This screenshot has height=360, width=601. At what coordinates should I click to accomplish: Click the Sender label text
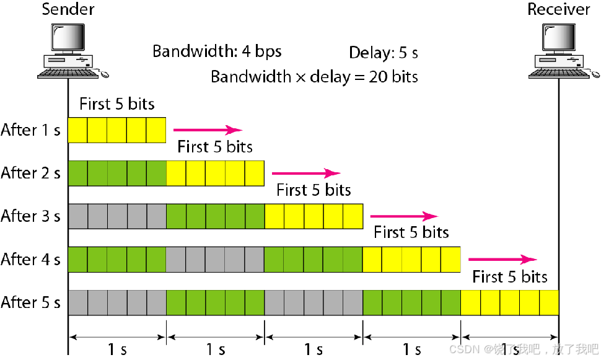68,9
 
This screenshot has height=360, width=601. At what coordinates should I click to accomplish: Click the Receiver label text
559,9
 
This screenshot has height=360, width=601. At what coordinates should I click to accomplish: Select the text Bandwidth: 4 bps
217,51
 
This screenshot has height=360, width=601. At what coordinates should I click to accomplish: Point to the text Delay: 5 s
384,53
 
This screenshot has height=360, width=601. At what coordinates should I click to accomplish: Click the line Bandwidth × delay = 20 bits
314,76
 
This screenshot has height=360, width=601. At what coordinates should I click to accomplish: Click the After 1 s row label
30,130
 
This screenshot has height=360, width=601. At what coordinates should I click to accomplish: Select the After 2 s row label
30,173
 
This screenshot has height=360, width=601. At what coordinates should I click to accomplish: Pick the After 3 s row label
30,216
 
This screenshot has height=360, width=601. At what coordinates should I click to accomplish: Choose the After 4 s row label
30,259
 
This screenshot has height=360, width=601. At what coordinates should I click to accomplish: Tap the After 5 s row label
30,302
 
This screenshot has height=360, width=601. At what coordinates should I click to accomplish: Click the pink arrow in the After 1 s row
207,130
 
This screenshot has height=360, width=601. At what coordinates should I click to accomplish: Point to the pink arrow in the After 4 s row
502,259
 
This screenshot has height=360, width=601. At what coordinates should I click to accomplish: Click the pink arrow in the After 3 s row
403,216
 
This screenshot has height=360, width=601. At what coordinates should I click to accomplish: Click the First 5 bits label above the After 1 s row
116,103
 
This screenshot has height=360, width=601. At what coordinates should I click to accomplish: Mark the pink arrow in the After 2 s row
305,173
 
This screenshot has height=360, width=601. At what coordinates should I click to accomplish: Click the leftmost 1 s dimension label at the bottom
116,349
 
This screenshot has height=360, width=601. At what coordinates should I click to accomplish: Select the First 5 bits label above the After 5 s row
510,276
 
